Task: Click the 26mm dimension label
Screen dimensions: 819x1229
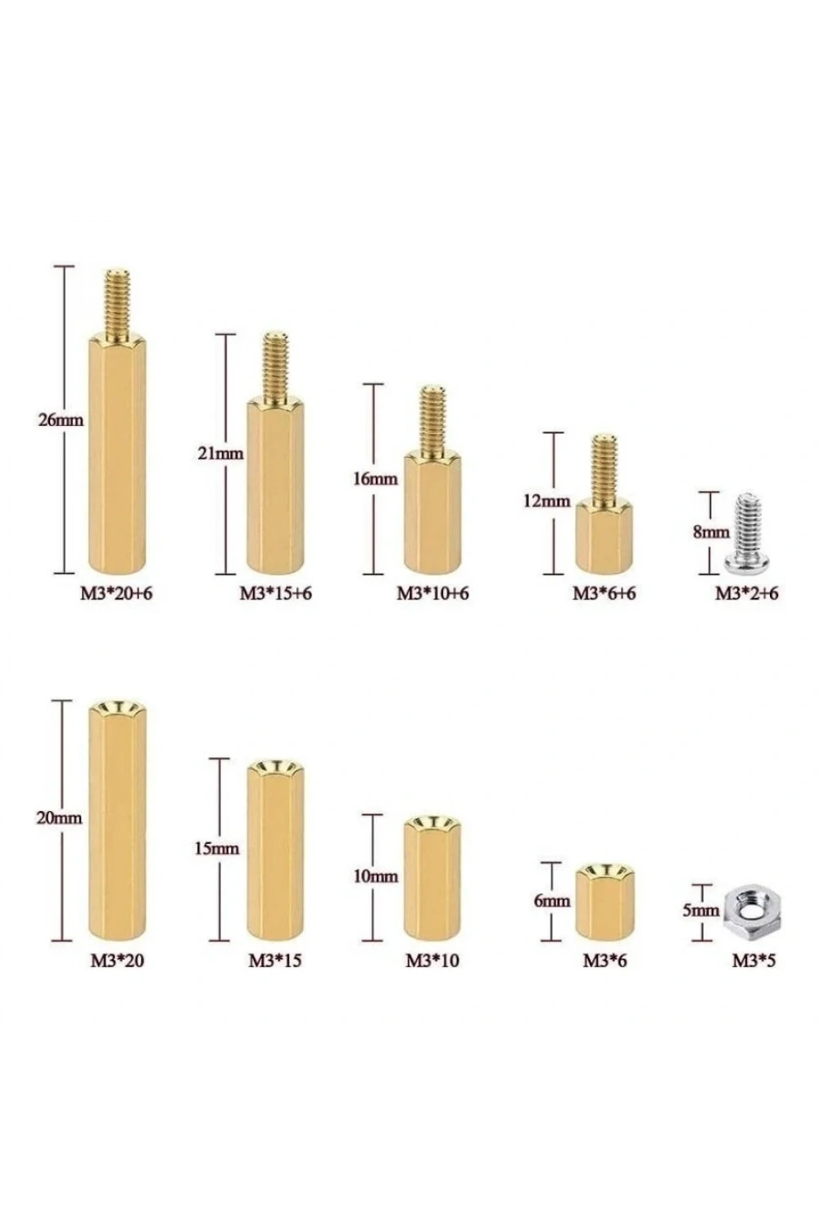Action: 61,420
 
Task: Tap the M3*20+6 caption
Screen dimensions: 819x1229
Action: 116,593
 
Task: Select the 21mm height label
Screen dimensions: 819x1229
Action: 220,454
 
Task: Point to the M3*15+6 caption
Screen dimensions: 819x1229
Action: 275,593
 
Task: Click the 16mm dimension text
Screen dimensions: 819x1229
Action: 375,479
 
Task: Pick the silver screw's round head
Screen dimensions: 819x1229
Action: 747,563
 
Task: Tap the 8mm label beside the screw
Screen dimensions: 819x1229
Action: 711,533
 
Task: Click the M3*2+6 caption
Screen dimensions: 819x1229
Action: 746,593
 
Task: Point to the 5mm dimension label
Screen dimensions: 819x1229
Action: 700,911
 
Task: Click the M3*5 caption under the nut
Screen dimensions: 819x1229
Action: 753,961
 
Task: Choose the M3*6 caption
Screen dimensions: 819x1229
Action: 604,961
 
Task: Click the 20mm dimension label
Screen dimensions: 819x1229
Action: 59,818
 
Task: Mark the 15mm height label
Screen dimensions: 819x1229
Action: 217,849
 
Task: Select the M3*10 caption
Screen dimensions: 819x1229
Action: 432,961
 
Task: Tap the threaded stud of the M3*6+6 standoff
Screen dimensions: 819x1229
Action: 604,468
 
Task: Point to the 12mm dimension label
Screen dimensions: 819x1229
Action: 546,501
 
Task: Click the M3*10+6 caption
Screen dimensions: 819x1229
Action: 433,593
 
